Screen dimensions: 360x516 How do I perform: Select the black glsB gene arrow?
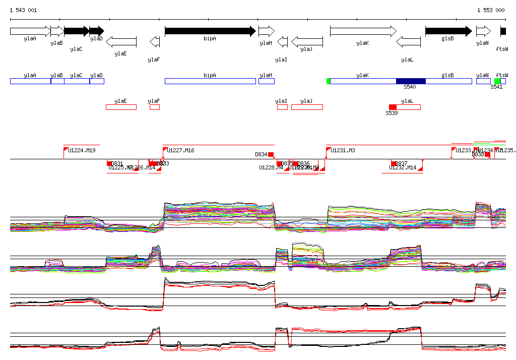[x=448, y=31]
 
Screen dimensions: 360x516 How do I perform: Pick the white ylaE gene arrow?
[x=121, y=41]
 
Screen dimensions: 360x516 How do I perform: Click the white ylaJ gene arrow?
[x=307, y=41]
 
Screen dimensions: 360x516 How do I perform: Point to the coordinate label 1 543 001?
[x=23, y=10]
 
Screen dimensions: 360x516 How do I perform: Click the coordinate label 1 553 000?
[x=491, y=10]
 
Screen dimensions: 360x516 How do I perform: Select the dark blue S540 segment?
[x=411, y=81]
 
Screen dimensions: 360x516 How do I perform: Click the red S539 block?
[x=393, y=107]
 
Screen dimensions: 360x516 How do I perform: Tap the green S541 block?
[x=497, y=81]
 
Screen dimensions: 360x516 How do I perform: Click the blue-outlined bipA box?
[x=210, y=81]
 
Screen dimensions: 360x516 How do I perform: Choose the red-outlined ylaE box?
[x=121, y=107]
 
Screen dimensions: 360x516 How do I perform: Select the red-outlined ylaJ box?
[x=307, y=107]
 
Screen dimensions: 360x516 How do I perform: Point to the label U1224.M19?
[x=82, y=150]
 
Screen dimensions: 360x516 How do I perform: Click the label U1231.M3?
[x=343, y=150]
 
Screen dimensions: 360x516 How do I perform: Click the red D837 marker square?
[x=394, y=163]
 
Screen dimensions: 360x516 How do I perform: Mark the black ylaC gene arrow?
[x=77, y=31]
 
